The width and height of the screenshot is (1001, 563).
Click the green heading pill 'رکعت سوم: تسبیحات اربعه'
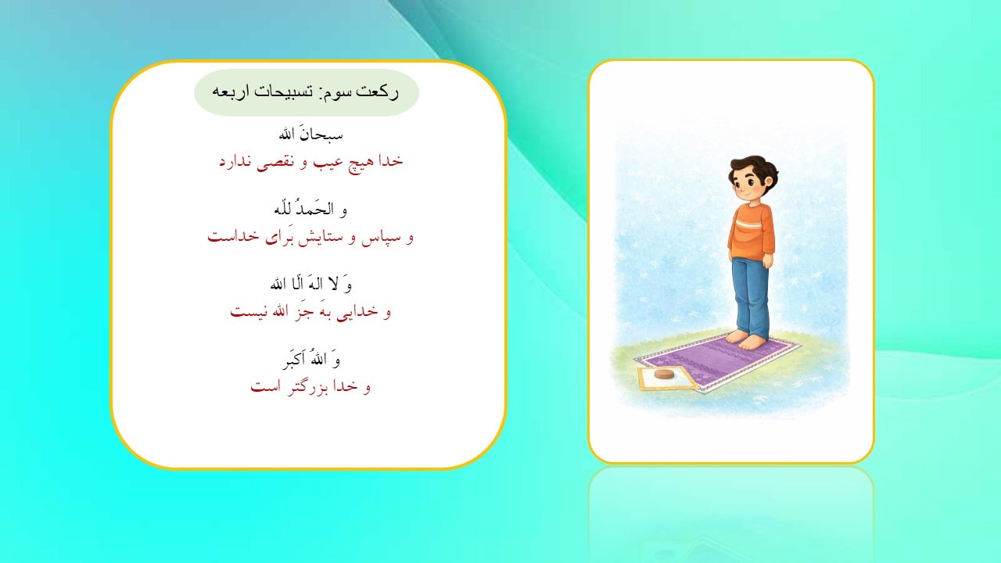[x=307, y=92]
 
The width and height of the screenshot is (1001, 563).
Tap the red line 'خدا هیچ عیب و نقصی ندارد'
[x=310, y=161]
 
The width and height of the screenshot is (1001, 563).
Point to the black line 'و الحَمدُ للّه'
[x=310, y=209]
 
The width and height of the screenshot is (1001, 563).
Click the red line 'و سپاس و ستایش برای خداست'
[x=310, y=236]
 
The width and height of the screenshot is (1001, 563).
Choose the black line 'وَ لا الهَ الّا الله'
[x=310, y=284]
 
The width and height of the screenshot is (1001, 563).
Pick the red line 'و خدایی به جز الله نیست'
[x=310, y=311]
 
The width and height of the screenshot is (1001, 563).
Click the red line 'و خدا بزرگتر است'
[x=310, y=386]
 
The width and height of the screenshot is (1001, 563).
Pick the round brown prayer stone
[x=665, y=375]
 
